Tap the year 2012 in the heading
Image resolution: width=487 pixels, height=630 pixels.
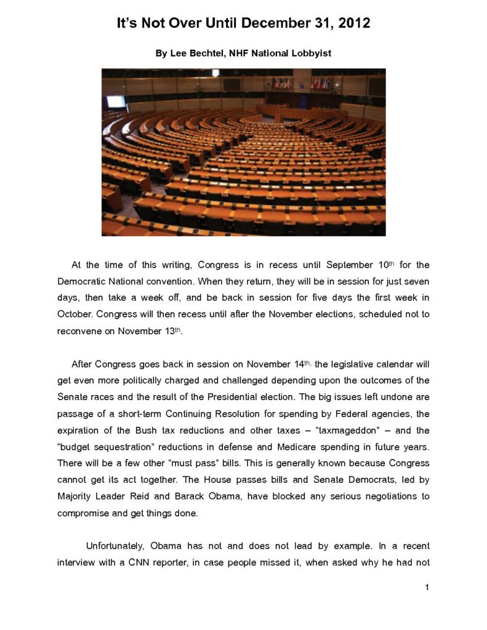coord(352,24)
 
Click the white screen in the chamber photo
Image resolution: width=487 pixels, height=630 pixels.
coord(115,102)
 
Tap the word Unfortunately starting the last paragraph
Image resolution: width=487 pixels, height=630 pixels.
coord(118,546)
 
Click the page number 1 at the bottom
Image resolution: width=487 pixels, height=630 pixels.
coord(427,588)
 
